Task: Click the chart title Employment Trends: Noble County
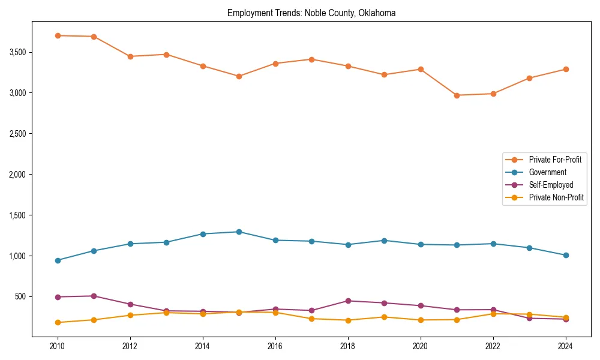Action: [311, 13]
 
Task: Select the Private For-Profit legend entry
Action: [555, 160]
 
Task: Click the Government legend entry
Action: [547, 172]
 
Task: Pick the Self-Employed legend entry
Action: [551, 185]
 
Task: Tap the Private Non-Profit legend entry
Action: [556, 197]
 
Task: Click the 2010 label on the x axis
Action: [58, 346]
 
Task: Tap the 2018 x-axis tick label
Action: [347, 346]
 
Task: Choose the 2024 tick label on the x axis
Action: [565, 346]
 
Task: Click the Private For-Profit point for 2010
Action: [58, 35]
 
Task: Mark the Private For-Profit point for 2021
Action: [457, 95]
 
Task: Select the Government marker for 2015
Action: [239, 232]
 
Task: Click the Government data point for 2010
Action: [58, 260]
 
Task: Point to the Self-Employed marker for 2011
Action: [94, 296]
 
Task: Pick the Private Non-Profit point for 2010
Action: [58, 322]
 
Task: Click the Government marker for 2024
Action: [565, 255]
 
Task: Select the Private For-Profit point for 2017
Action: [311, 59]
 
